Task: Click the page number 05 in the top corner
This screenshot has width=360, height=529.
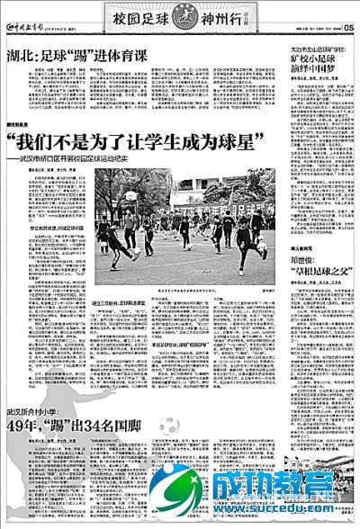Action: click(348, 25)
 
